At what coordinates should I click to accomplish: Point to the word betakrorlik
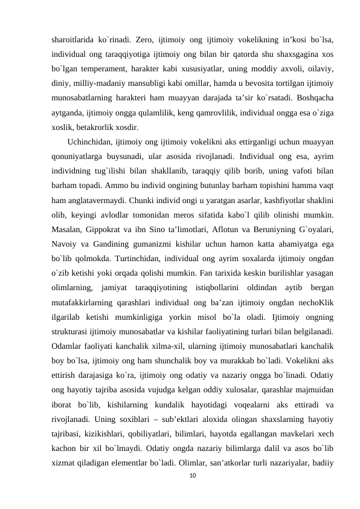[x=100, y=127]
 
